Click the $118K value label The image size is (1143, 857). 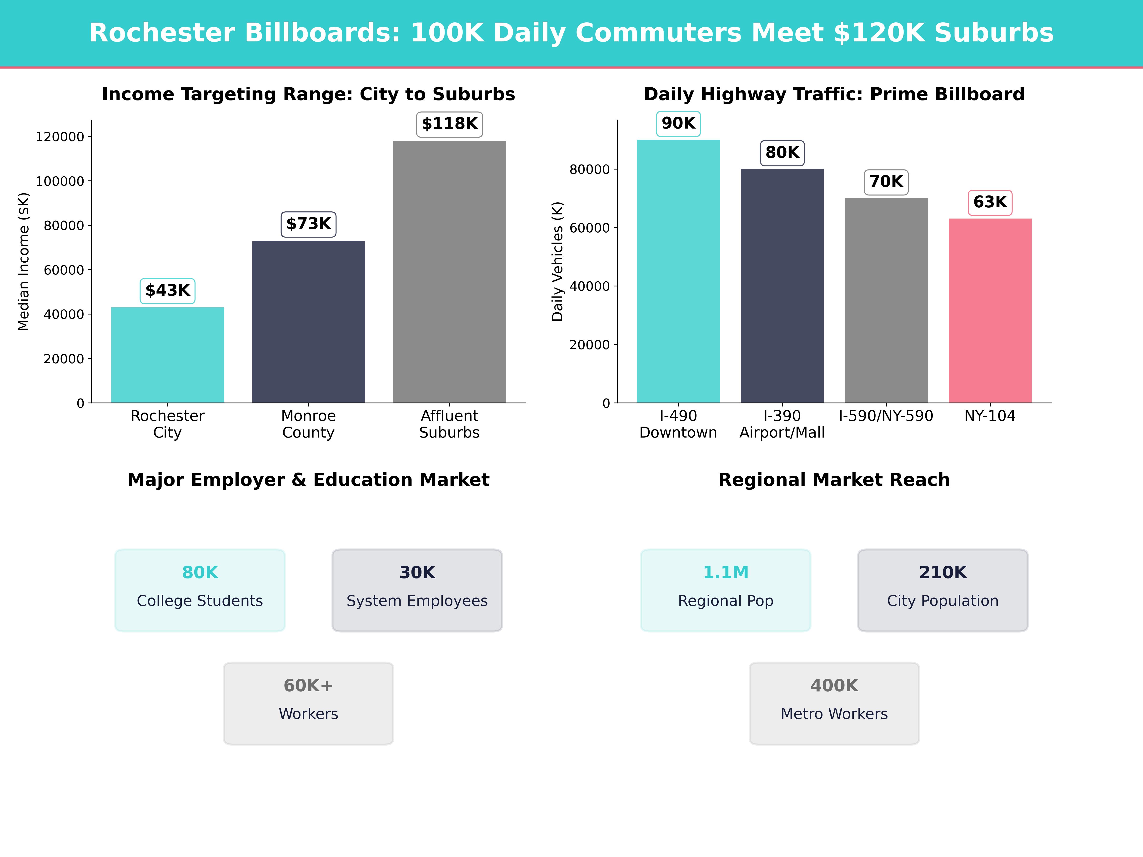[450, 124]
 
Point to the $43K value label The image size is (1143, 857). [167, 290]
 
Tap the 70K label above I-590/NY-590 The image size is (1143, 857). [886, 182]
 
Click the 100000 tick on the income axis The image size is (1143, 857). [60, 181]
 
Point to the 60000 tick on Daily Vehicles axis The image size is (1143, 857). [589, 228]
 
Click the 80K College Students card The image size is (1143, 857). [200, 590]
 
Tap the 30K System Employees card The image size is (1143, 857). [417, 590]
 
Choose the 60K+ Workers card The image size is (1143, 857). [308, 703]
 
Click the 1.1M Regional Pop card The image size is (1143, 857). [726, 590]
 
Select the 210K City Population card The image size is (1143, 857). [942, 590]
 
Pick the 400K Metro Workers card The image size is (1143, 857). [834, 703]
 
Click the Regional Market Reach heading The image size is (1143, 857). [834, 480]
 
